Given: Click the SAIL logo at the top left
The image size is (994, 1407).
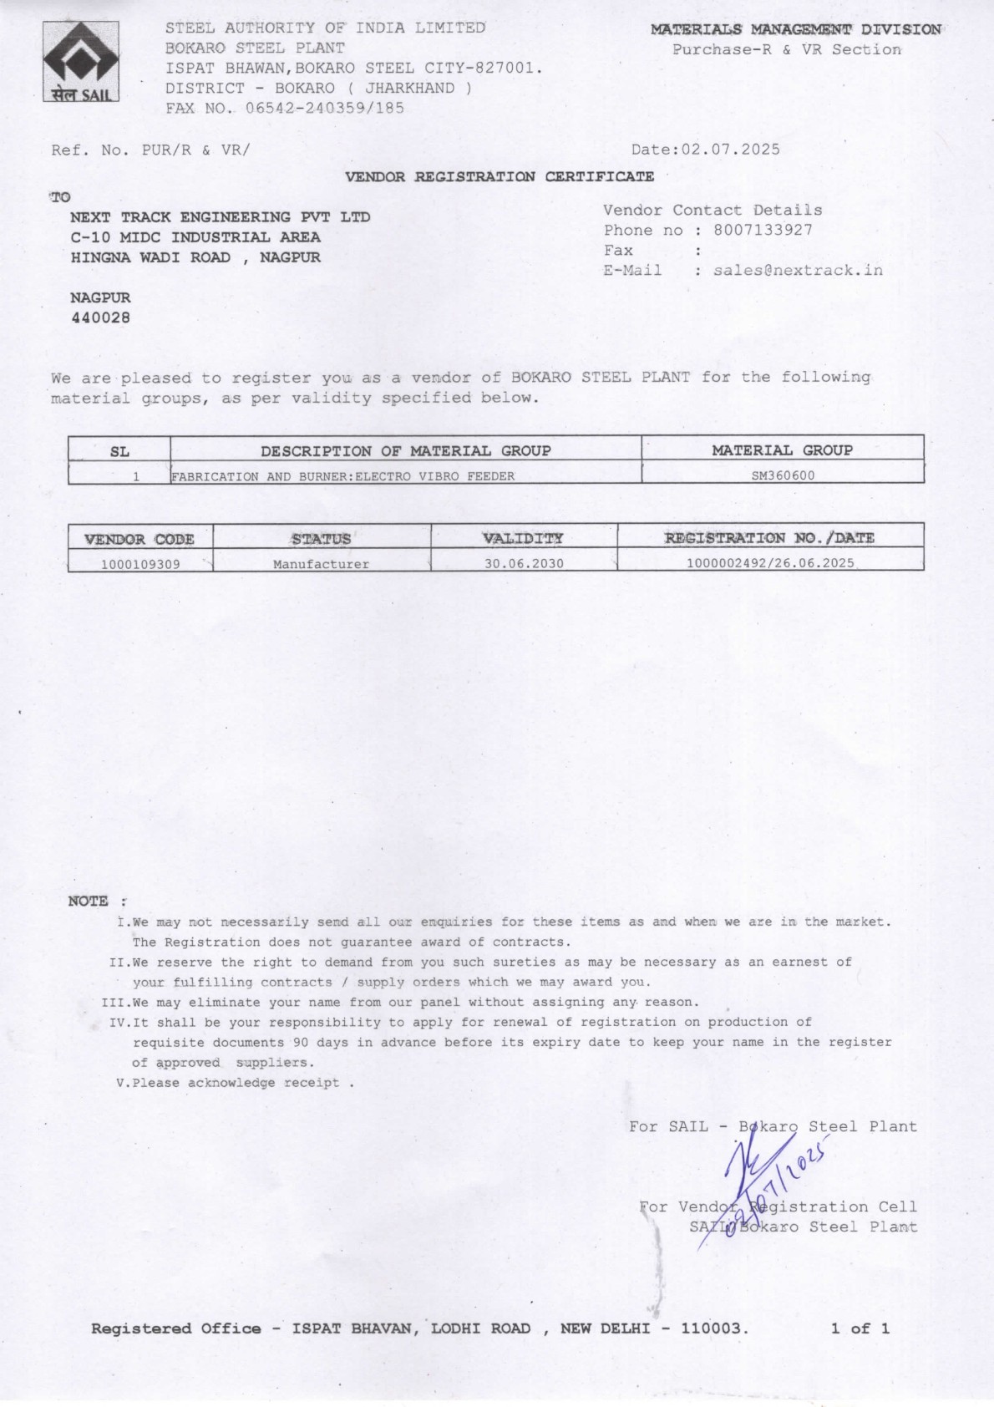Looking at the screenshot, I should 81,61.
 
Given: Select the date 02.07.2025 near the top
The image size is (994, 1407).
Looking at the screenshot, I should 731,150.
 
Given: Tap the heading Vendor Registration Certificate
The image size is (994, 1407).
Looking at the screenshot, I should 500,176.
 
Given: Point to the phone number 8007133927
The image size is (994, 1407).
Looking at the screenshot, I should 763,230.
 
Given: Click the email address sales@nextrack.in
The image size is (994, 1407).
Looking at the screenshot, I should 798,270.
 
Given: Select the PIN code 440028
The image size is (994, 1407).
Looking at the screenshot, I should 100,317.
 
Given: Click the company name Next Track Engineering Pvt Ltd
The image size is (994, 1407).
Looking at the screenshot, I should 221,217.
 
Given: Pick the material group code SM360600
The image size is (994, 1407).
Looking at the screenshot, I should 783,475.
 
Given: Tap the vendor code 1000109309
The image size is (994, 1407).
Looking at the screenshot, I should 140,564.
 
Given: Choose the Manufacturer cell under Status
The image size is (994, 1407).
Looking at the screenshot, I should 321,564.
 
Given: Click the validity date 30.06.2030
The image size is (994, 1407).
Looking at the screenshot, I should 524,564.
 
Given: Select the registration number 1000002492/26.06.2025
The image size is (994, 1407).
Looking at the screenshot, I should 770,563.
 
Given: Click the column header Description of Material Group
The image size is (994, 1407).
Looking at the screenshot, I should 406,451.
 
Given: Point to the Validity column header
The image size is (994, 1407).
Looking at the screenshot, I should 523,538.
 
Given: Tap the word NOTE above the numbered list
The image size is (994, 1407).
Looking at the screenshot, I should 89,901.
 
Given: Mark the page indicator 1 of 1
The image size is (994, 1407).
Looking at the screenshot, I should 860,1328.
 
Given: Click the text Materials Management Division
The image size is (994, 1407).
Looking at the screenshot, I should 795,30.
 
